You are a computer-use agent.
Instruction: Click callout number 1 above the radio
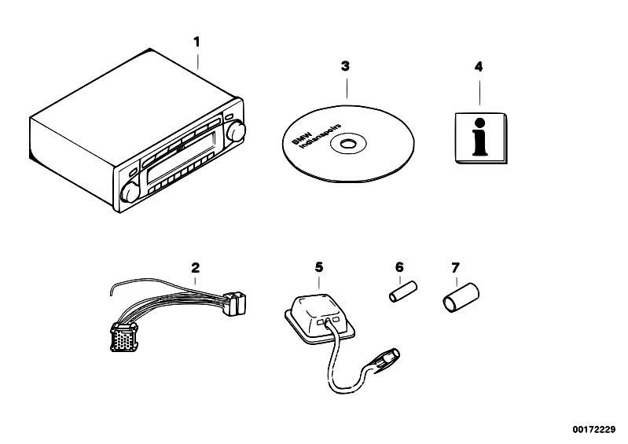[198, 40]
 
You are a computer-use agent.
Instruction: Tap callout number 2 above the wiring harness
[194, 268]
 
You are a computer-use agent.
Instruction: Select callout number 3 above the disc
[344, 67]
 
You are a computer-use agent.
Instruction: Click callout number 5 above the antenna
[318, 267]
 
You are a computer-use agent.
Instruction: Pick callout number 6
[398, 268]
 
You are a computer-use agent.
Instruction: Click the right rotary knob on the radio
[234, 133]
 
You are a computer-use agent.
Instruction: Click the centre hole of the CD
[345, 144]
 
